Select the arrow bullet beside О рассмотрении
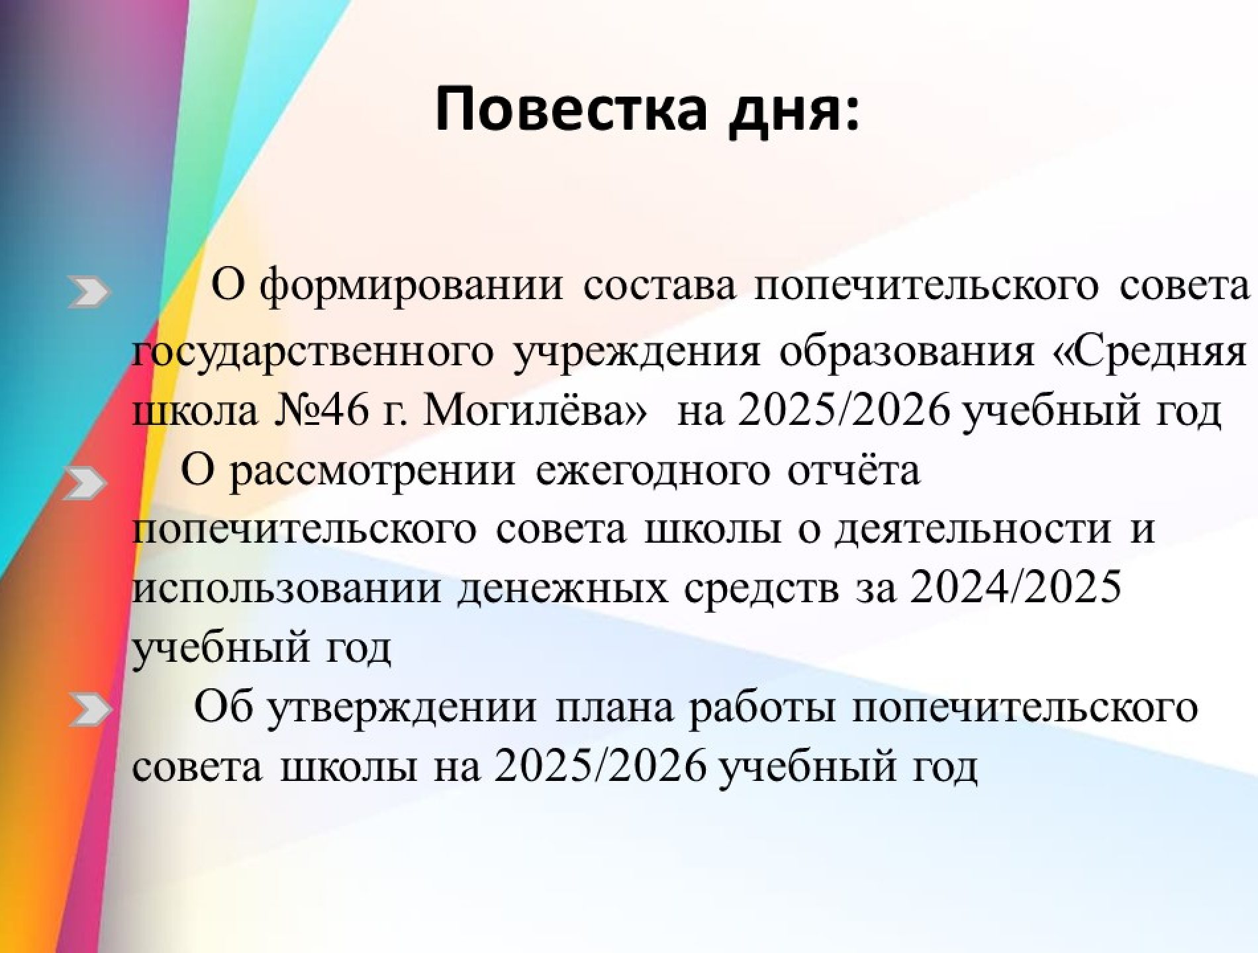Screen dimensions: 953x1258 [x=86, y=484]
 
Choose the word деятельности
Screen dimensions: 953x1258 [x=973, y=529]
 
